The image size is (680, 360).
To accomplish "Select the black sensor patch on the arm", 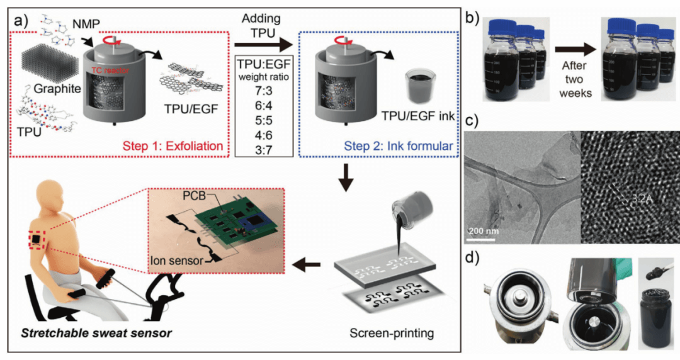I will [36, 241].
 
